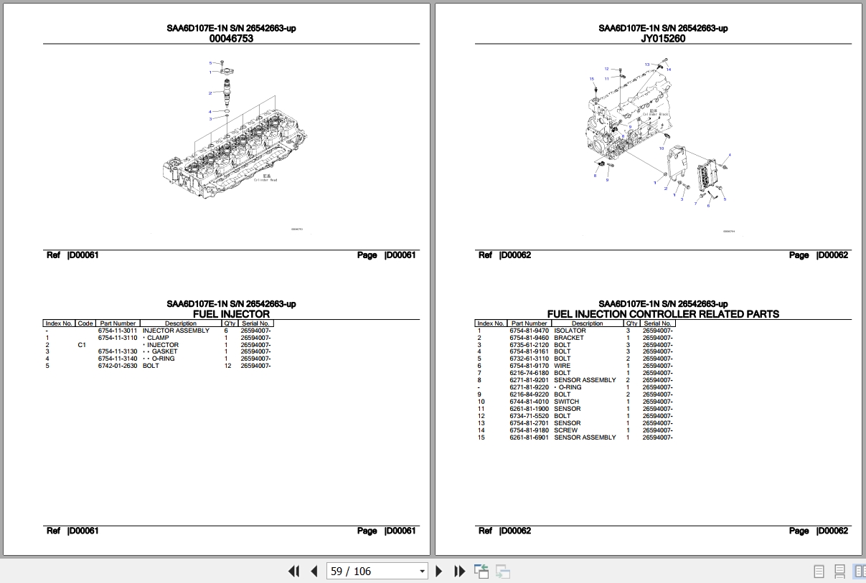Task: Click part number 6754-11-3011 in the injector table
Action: pyautogui.click(x=118, y=331)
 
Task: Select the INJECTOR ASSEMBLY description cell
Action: pyautogui.click(x=176, y=331)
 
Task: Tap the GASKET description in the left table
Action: pyautogui.click(x=164, y=352)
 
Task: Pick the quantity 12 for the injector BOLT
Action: pyautogui.click(x=228, y=366)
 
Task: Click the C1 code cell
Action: pyautogui.click(x=82, y=345)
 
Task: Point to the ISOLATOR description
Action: pyautogui.click(x=570, y=331)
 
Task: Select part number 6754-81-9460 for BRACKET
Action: pyautogui.click(x=530, y=338)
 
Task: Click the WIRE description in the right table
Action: pyautogui.click(x=562, y=366)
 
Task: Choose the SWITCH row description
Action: pyautogui.click(x=566, y=402)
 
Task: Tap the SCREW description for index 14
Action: pyautogui.click(x=565, y=430)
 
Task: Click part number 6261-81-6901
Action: pyautogui.click(x=530, y=437)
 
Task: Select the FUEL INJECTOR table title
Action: pyautogui.click(x=231, y=314)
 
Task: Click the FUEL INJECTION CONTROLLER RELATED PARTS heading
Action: pyautogui.click(x=663, y=314)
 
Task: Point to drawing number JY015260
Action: pyautogui.click(x=663, y=39)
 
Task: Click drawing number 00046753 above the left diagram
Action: pyautogui.click(x=231, y=39)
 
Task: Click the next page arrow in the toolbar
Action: pyautogui.click(x=440, y=572)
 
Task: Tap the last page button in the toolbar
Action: pyautogui.click(x=460, y=572)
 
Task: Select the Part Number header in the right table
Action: pyautogui.click(x=530, y=323)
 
